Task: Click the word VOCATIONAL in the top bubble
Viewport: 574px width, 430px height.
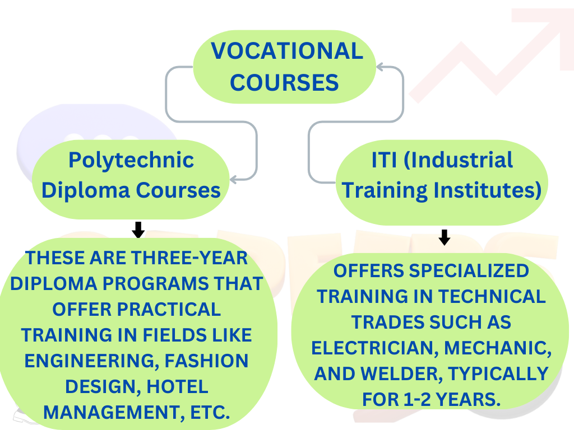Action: pyautogui.click(x=287, y=50)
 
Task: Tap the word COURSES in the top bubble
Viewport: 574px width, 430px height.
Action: pyautogui.click(x=284, y=82)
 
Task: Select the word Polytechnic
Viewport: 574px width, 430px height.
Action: pyautogui.click(x=131, y=161)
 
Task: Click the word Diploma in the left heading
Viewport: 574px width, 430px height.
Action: pyautogui.click(x=86, y=190)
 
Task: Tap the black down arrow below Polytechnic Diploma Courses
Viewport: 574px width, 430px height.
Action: pyautogui.click(x=138, y=230)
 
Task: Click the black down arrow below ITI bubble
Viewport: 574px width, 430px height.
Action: pyautogui.click(x=444, y=237)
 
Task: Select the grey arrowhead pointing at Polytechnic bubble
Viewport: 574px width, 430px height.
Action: pyautogui.click(x=234, y=179)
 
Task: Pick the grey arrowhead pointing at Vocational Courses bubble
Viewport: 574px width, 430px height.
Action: pyautogui.click(x=380, y=67)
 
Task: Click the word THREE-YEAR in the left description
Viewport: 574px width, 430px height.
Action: pyautogui.click(x=189, y=258)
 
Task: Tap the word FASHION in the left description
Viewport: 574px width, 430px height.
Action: pyautogui.click(x=206, y=361)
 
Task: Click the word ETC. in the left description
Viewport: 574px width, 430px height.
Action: pyautogui.click(x=210, y=413)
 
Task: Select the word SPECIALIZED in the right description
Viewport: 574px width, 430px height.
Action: pyautogui.click(x=469, y=271)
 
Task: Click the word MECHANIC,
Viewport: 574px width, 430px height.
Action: pyautogui.click(x=498, y=348)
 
